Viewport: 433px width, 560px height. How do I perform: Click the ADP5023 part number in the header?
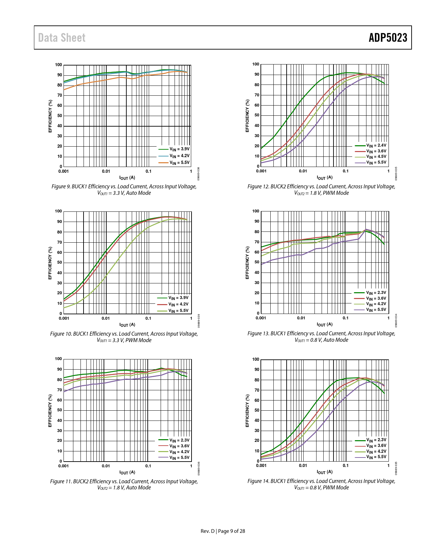[x=388, y=38]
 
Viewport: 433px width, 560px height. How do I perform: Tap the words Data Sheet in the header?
[x=62, y=38]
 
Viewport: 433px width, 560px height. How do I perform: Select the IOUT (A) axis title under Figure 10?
[x=127, y=325]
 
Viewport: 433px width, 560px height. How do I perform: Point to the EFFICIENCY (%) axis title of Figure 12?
[x=247, y=116]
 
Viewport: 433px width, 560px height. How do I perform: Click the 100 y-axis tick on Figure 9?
[x=58, y=65]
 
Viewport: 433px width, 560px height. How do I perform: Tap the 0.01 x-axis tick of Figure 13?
[x=301, y=318]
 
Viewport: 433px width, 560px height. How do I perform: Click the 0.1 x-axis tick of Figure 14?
[x=345, y=466]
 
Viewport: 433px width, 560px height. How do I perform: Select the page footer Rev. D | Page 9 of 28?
[x=223, y=531]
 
